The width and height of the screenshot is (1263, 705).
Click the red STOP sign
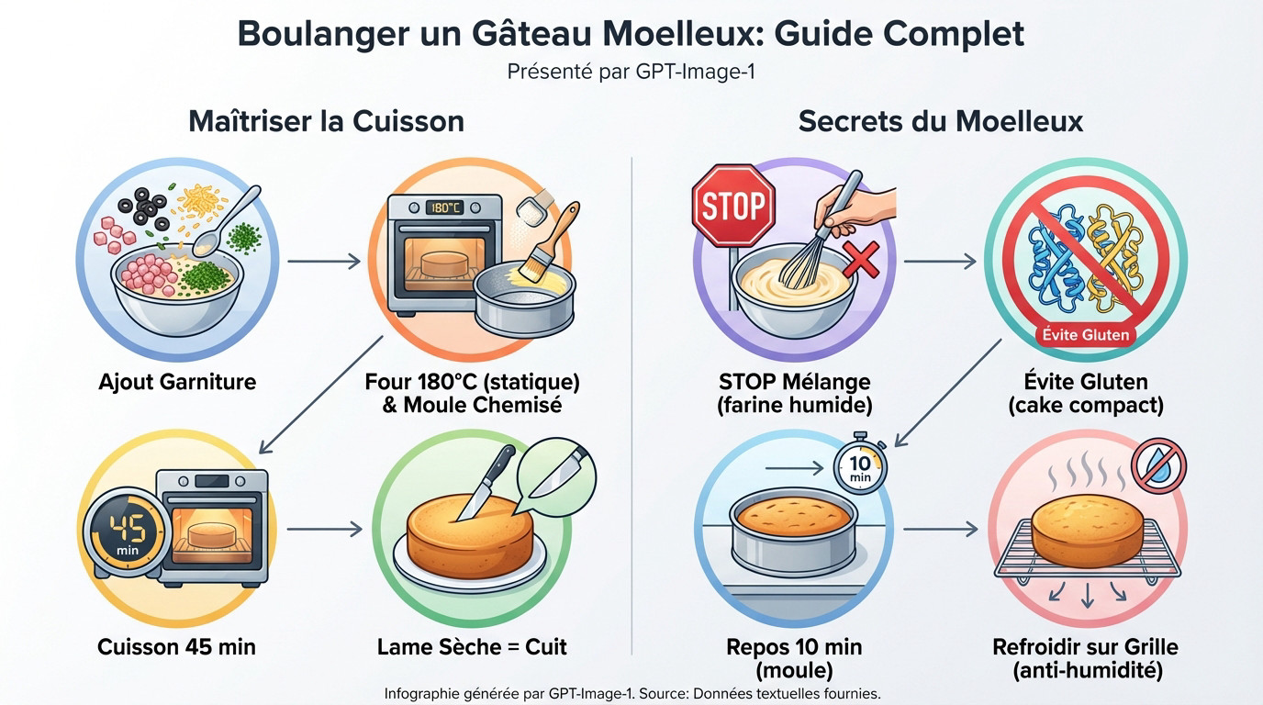point(733,206)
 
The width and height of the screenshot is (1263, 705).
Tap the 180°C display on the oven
point(444,208)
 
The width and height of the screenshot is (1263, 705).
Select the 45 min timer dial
point(127,532)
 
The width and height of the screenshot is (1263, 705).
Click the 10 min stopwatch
point(860,464)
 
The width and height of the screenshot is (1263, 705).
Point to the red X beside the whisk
point(861,260)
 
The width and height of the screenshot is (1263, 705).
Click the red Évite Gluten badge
point(1085,335)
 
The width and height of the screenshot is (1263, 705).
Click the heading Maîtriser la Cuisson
point(327,122)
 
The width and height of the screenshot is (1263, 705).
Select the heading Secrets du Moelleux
point(941,122)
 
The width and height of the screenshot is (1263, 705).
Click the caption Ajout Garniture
point(177,382)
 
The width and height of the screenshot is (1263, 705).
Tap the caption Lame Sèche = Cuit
point(472,647)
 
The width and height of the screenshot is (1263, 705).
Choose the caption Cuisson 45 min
point(176,647)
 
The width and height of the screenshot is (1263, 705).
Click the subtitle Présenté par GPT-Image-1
point(631,73)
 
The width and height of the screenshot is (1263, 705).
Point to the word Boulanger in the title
point(323,35)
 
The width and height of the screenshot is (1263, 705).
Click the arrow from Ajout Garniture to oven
point(324,261)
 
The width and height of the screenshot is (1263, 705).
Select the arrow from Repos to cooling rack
point(941,529)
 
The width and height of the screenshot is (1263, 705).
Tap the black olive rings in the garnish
point(143,208)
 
